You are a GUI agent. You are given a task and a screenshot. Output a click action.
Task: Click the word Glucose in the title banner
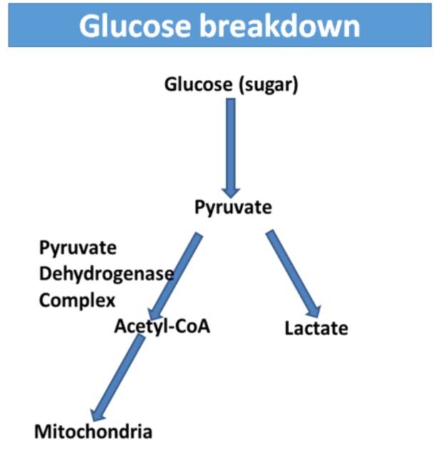(x=131, y=26)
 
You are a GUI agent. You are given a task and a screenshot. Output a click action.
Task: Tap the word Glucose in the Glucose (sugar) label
(x=198, y=85)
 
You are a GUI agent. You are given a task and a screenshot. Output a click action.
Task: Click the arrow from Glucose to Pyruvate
(x=230, y=143)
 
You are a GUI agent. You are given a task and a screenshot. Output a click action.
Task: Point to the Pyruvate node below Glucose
(x=233, y=207)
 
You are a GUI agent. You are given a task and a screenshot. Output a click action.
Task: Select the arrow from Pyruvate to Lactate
(x=291, y=271)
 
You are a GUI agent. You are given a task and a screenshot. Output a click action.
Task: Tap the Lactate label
(x=316, y=329)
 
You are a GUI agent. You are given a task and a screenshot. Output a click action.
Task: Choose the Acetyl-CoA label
(x=162, y=327)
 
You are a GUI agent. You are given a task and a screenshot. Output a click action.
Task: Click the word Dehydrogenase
(x=106, y=274)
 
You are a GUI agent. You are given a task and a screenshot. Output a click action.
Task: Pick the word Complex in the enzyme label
(x=77, y=300)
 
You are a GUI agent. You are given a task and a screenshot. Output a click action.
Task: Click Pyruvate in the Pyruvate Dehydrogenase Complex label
(x=78, y=248)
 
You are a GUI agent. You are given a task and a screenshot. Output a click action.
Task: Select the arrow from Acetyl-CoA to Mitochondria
(x=118, y=378)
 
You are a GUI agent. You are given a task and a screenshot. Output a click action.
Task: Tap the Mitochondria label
(x=93, y=431)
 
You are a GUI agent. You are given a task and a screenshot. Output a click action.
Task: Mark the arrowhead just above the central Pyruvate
(x=230, y=190)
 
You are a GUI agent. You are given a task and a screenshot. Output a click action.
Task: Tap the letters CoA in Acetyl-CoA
(x=193, y=327)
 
